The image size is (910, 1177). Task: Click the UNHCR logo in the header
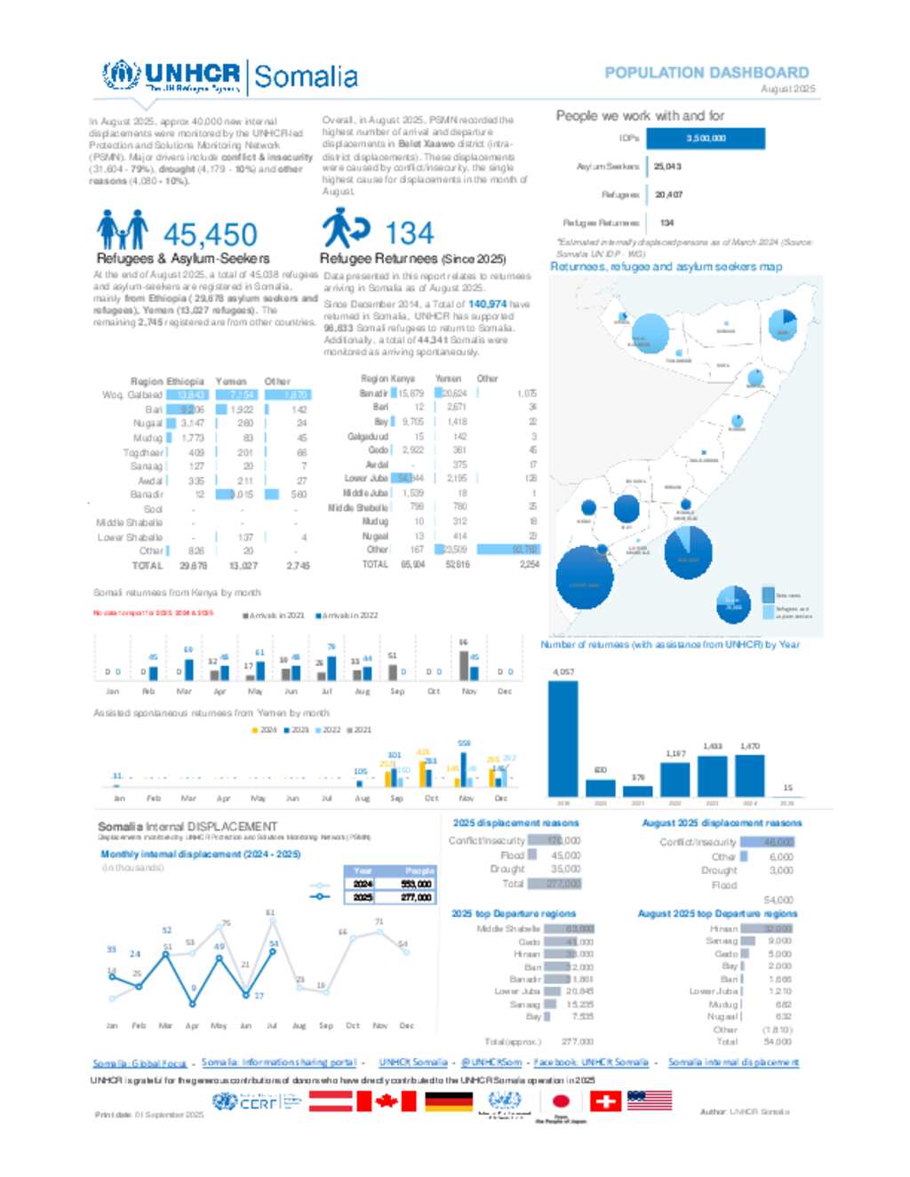[x=172, y=77]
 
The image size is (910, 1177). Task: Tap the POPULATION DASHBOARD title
[x=706, y=73]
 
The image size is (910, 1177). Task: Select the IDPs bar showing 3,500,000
[x=706, y=139]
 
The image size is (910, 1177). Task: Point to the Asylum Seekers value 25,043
[x=667, y=166]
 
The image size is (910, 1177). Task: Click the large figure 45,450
[x=211, y=235]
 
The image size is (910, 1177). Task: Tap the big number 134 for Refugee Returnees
[x=410, y=234]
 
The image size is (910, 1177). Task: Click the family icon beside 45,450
[x=122, y=230]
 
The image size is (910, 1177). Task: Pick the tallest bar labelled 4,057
[x=563, y=738]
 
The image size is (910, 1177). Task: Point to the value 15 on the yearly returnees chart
[x=787, y=788]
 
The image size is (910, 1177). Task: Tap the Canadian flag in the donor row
[x=386, y=1101]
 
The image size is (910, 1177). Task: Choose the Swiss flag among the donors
[x=606, y=1101]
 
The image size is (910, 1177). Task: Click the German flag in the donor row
[x=449, y=1101]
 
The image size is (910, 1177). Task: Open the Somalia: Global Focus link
[x=140, y=1063]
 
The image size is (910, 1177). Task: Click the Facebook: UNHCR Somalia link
[x=591, y=1062]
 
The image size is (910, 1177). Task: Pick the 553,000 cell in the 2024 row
[x=416, y=884]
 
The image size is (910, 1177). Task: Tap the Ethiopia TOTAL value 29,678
[x=193, y=566]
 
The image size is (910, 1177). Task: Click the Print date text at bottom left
[x=149, y=1115]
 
